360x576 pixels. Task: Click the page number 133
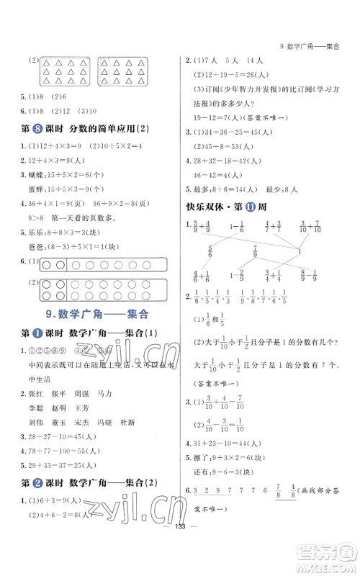click(x=179, y=564)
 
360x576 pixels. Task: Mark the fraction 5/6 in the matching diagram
click(x=210, y=251)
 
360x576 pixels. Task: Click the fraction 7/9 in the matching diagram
click(x=255, y=251)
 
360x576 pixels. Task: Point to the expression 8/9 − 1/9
click(x=307, y=275)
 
